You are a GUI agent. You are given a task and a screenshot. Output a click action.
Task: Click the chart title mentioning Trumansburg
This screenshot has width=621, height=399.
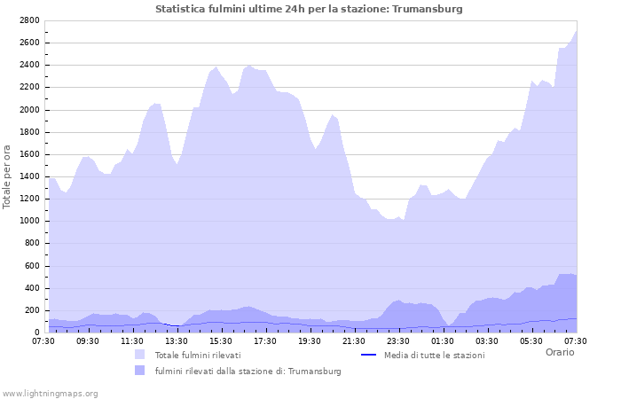pyautogui.click(x=309, y=9)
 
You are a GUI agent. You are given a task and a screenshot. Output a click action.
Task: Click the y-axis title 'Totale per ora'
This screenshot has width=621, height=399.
pyautogui.click(x=8, y=176)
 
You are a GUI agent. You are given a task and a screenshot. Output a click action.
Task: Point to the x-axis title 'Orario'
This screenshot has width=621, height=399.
pyautogui.click(x=559, y=352)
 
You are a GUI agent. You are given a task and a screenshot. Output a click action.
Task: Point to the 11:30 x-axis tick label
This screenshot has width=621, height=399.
pyautogui.click(x=132, y=340)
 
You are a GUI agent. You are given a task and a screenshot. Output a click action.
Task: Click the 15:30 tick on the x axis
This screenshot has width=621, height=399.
pyautogui.click(x=221, y=340)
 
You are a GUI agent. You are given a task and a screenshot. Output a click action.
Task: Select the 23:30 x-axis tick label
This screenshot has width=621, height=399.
pyautogui.click(x=398, y=340)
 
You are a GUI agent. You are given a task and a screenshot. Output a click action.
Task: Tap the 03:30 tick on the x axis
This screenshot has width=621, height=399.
pyautogui.click(x=487, y=340)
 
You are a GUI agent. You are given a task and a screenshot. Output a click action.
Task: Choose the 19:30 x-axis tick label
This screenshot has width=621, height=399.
pyautogui.click(x=310, y=340)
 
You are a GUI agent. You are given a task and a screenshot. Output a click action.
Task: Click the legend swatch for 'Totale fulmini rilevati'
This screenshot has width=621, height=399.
pyautogui.click(x=140, y=355)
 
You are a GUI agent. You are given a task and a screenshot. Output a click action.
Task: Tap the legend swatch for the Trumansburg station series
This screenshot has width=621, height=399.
pyautogui.click(x=140, y=371)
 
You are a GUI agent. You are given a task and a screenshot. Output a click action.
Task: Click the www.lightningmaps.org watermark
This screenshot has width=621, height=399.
pyautogui.click(x=50, y=393)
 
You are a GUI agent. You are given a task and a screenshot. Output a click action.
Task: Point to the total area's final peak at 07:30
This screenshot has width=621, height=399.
pyautogui.click(x=576, y=31)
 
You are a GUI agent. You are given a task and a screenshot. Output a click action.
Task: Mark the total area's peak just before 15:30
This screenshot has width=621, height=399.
pyautogui.click(x=216, y=66)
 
